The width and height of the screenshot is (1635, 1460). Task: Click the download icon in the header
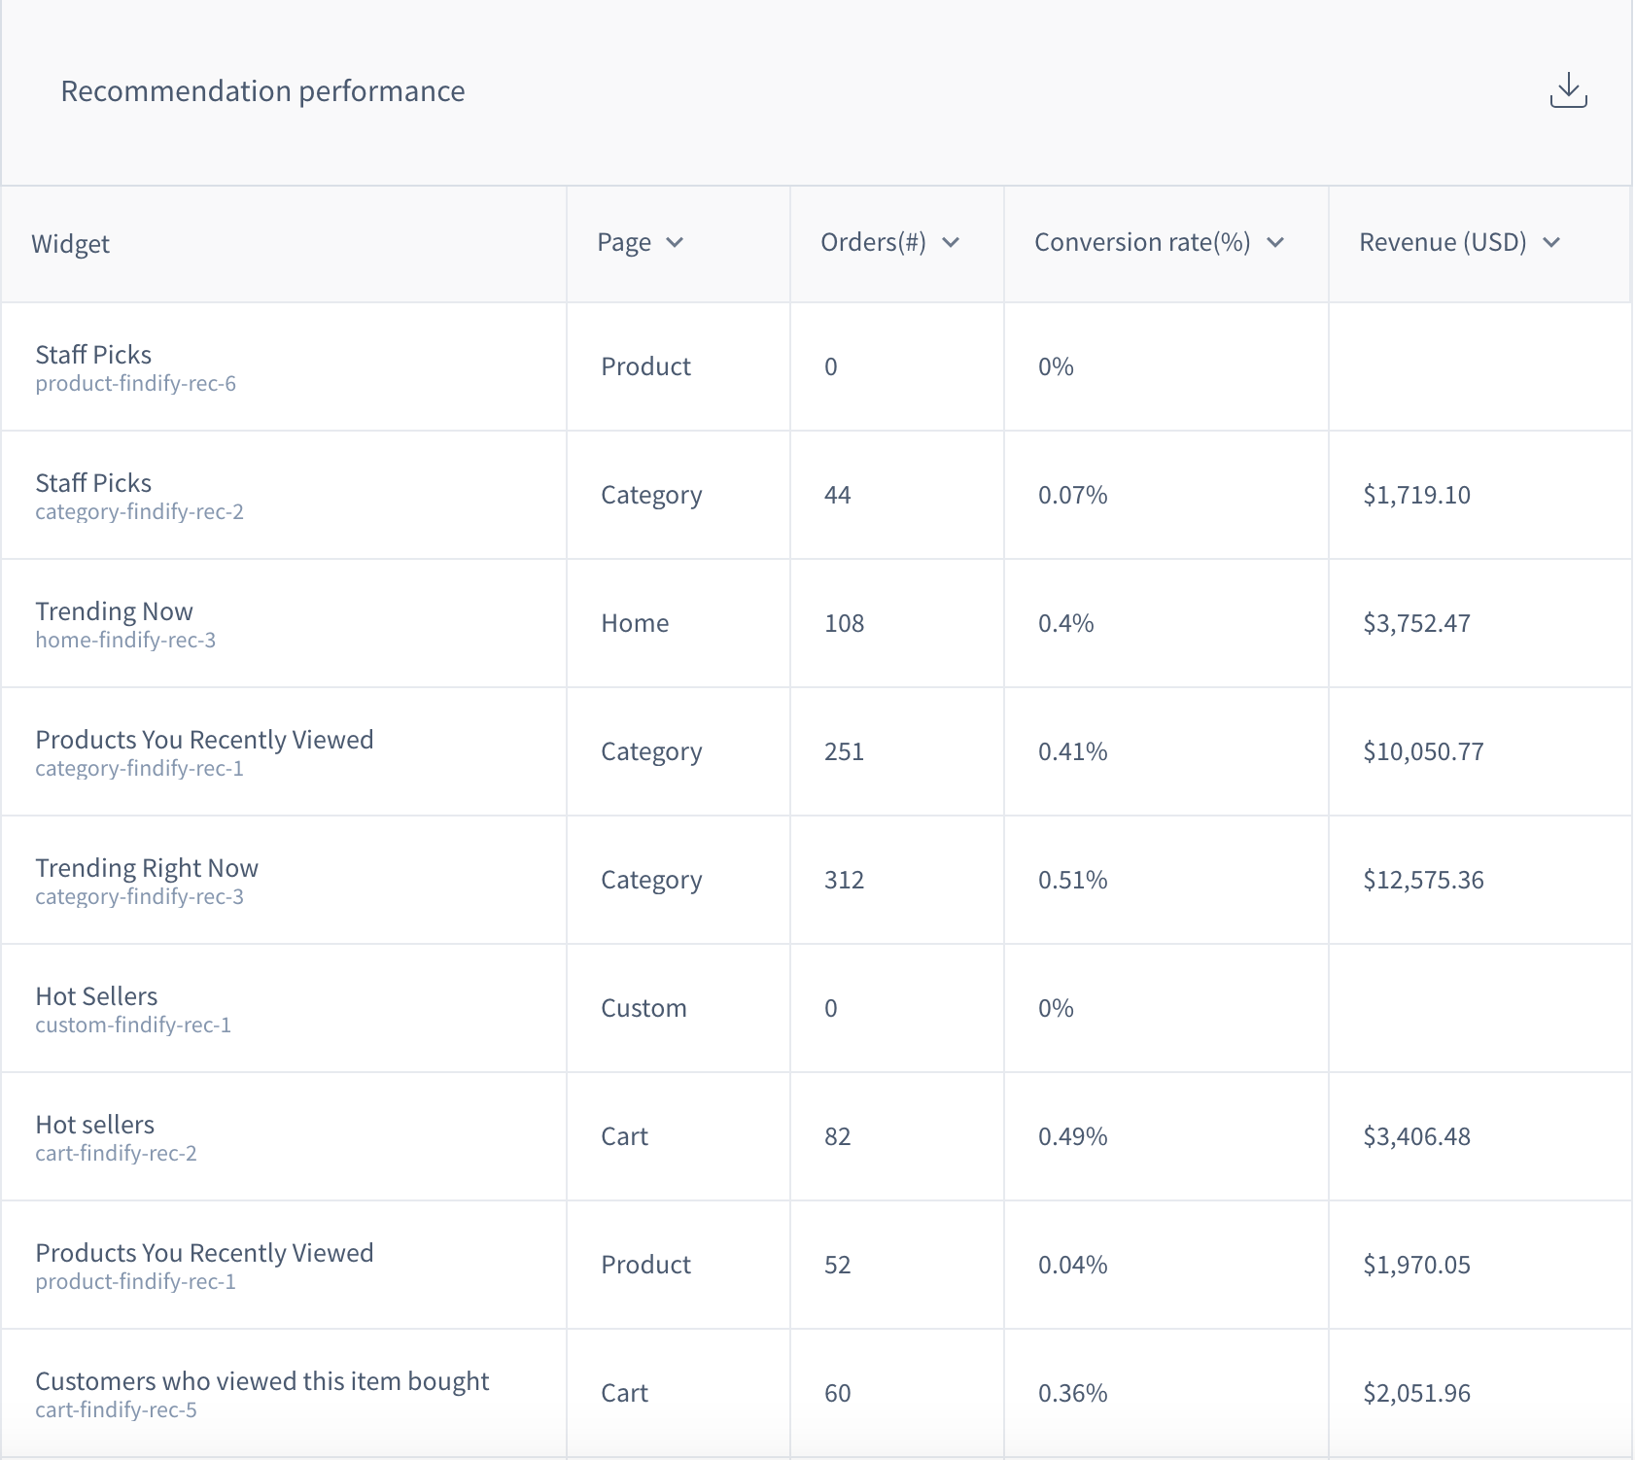(x=1568, y=90)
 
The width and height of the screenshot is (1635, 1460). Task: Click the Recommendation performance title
(x=262, y=91)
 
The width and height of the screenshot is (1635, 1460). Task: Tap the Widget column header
(x=70, y=243)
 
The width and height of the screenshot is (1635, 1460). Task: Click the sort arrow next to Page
(x=675, y=242)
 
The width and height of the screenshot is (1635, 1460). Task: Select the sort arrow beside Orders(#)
(x=951, y=242)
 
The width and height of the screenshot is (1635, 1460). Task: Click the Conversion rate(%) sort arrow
(x=1275, y=242)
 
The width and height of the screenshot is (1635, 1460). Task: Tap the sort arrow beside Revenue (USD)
(x=1551, y=242)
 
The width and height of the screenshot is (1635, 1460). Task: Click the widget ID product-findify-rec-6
(x=136, y=384)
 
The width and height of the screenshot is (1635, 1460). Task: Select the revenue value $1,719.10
(x=1416, y=495)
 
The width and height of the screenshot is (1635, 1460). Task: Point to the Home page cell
(x=635, y=623)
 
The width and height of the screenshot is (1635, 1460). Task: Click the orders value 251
(x=844, y=751)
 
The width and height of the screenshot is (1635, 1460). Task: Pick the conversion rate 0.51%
(x=1072, y=880)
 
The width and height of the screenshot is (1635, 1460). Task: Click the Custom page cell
(x=644, y=1008)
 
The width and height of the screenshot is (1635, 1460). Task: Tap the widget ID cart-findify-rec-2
(x=116, y=1154)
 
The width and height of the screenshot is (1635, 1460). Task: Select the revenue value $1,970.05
(x=1416, y=1265)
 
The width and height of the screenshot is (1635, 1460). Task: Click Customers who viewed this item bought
(x=262, y=1381)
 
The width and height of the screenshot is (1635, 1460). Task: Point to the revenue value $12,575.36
(x=1423, y=880)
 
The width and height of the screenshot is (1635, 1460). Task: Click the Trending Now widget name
(x=114, y=611)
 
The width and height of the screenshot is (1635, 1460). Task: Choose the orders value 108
(x=844, y=623)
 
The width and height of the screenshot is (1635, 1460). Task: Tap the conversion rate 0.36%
(x=1072, y=1393)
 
